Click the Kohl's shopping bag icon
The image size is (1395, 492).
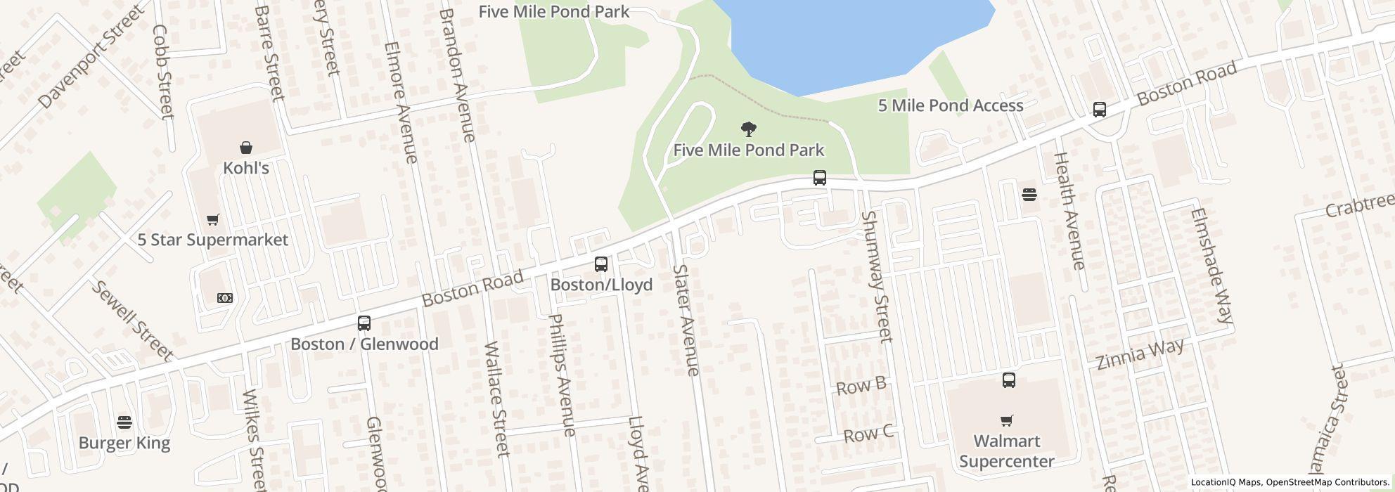246,148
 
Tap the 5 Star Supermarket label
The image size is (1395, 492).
212,240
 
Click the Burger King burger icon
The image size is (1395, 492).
124,422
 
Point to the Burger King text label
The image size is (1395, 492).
124,443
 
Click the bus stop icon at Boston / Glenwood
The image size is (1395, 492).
364,323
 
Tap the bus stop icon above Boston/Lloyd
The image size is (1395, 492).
601,264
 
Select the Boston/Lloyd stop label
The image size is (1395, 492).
601,285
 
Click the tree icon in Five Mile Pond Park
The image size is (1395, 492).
749,129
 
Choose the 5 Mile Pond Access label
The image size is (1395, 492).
950,105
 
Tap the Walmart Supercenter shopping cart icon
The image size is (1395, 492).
1007,421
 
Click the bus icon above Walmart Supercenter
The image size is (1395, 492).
1009,380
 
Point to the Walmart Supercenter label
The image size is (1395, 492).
1007,451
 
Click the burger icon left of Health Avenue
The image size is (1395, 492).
1029,195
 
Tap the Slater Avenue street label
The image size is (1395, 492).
686,320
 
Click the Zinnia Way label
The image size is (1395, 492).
1140,354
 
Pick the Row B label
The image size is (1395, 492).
861,386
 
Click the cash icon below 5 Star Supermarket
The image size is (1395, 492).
225,298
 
